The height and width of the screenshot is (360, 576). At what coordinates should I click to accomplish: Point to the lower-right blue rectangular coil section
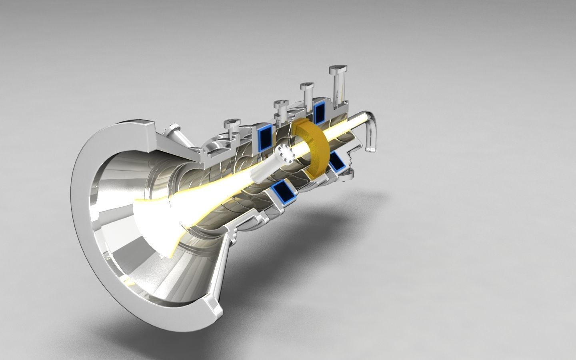click(x=338, y=164)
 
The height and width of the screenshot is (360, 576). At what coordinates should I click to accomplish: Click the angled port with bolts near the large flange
click(x=175, y=130)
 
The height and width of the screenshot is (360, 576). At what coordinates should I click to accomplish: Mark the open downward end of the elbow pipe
click(x=371, y=150)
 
